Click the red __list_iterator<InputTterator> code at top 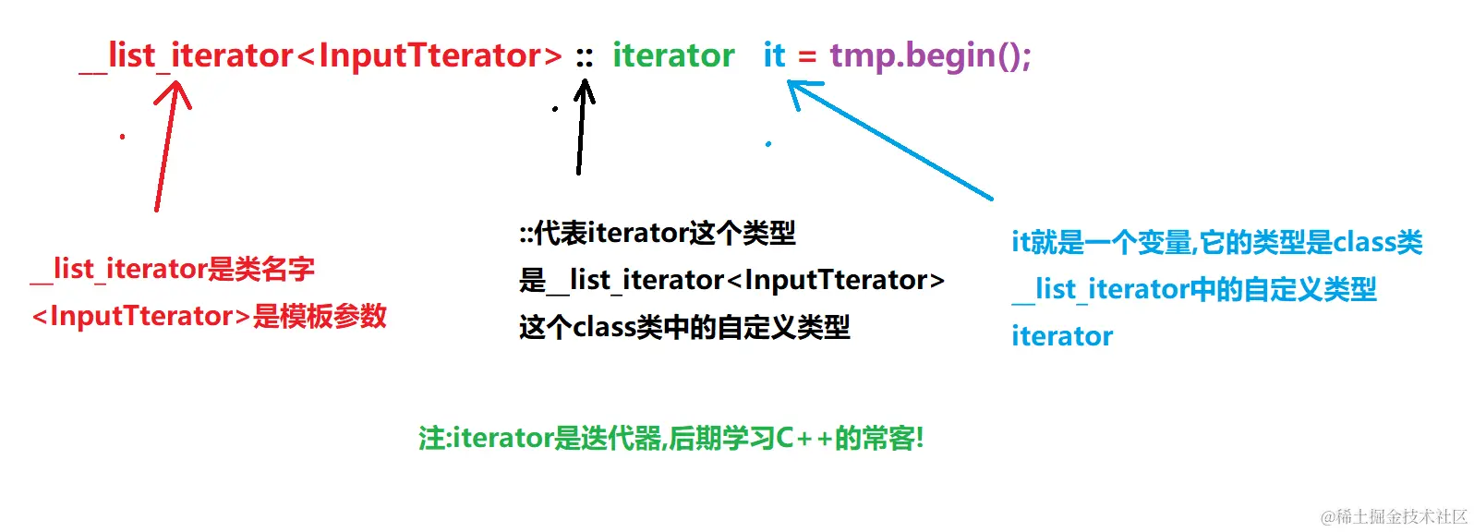coord(321,57)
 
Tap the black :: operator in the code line coord(584,57)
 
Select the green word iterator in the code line coord(673,56)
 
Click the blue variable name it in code coord(774,56)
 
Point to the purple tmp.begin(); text coord(930,56)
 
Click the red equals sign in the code coord(807,57)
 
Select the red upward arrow coord(166,148)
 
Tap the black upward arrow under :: coord(581,129)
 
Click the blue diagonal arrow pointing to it coord(891,139)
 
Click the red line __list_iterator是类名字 coord(174,270)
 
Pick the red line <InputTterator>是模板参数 coord(209,316)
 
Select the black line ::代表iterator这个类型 coord(657,233)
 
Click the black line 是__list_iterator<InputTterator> coord(731,280)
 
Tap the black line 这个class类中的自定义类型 coord(684,327)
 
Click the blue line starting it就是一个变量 coord(1216,242)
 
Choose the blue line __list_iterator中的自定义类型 coord(1193,289)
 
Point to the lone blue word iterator coord(1062,336)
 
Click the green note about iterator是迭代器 coord(671,438)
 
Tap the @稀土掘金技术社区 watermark coord(1394,516)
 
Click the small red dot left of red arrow coord(122,137)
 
